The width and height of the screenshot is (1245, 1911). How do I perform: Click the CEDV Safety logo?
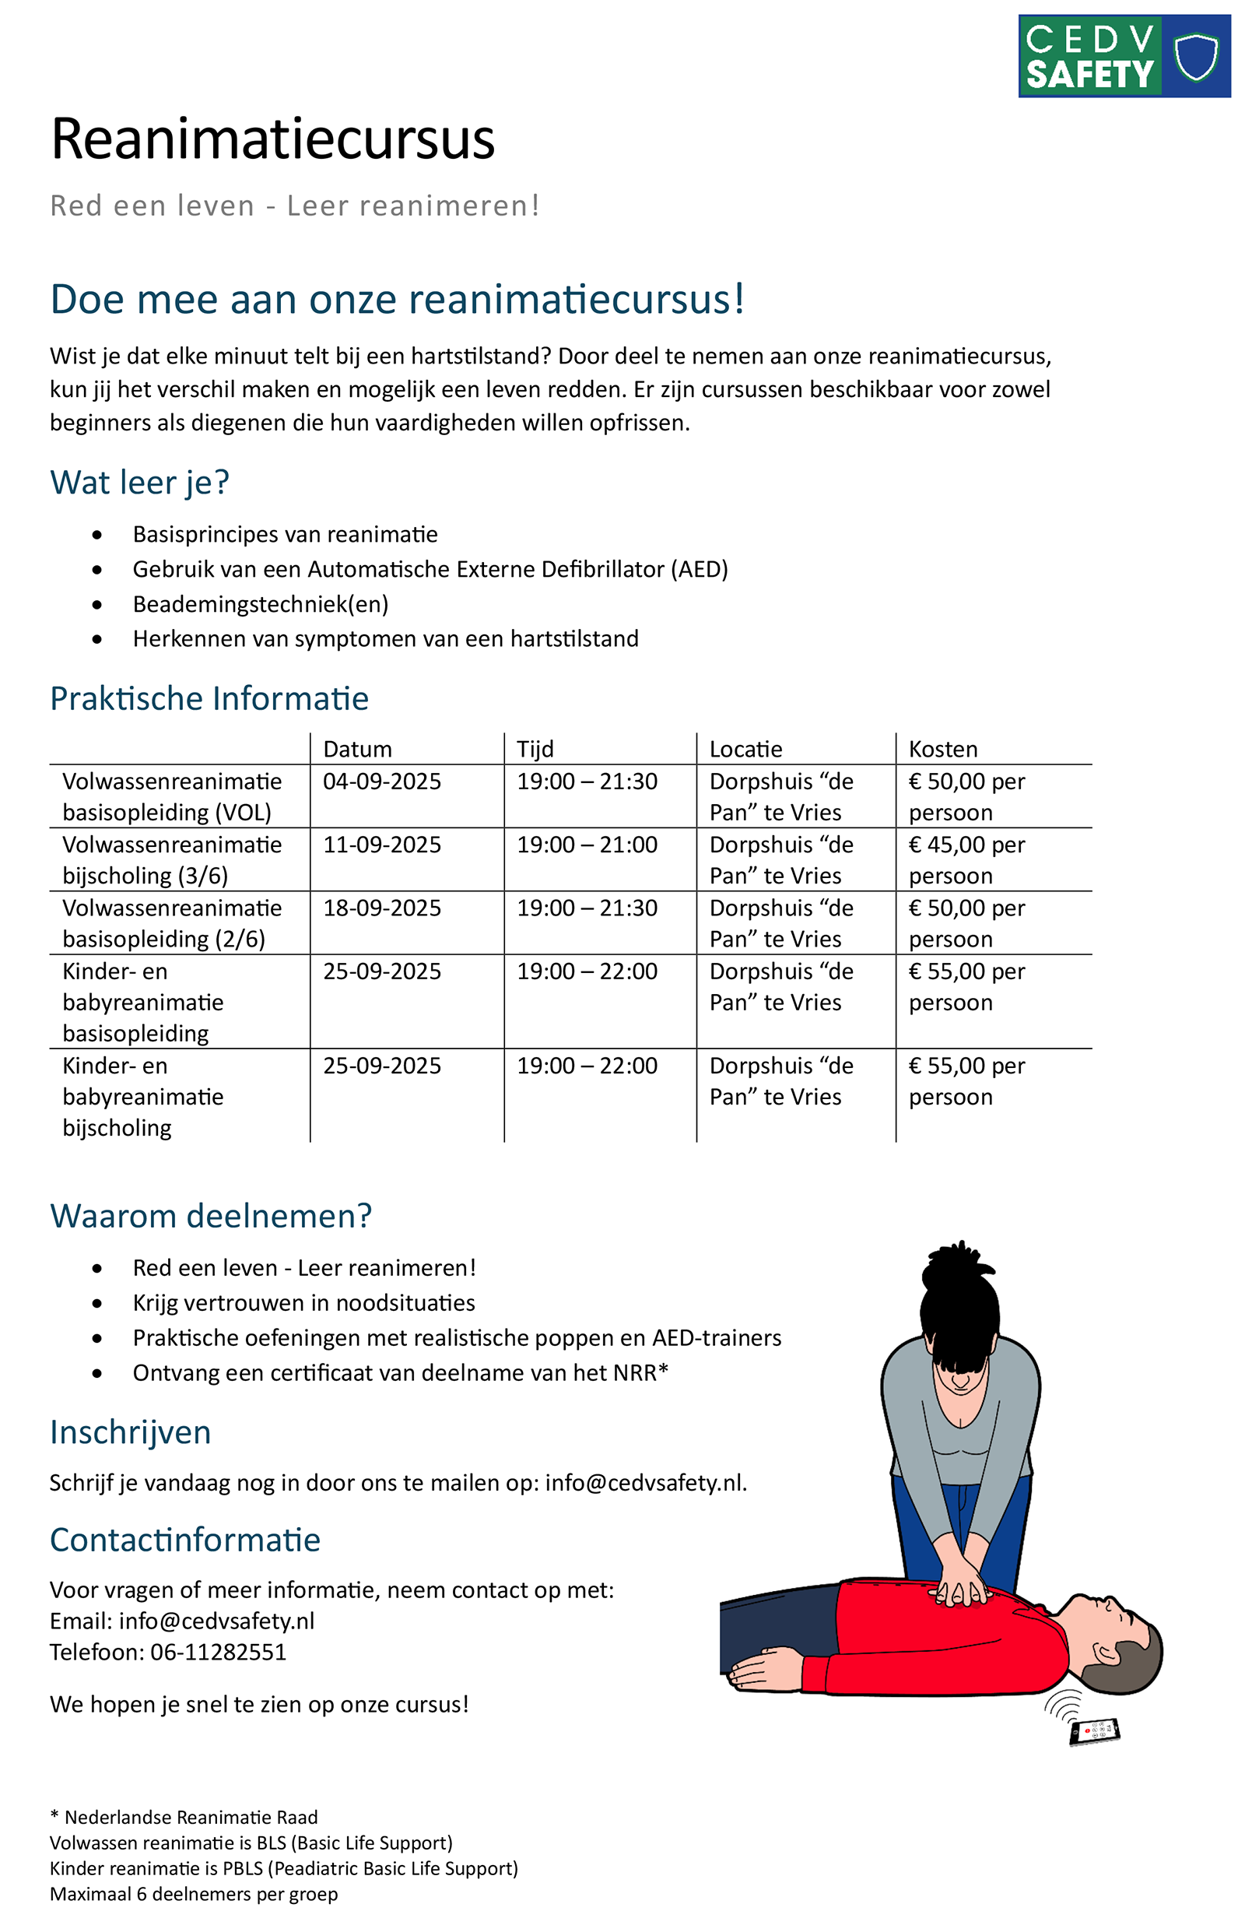[1123, 56]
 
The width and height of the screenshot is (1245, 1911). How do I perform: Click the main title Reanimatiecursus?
[272, 139]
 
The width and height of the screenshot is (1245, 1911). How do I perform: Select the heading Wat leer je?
[139, 483]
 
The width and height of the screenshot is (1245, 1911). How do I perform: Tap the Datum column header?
[357, 749]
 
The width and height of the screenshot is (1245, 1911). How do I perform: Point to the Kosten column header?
[942, 749]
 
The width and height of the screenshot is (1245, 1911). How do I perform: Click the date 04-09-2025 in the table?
[382, 782]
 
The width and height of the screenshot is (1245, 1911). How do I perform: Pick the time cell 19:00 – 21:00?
[587, 845]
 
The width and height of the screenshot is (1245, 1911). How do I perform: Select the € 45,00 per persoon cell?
[966, 860]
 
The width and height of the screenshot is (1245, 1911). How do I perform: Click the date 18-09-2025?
[382, 908]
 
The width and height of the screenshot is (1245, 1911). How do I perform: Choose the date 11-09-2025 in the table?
[382, 845]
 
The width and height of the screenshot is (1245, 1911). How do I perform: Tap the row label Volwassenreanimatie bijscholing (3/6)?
[172, 860]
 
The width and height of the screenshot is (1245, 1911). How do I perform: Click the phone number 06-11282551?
[219, 1652]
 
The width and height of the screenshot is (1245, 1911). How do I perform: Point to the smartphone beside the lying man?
[1095, 1732]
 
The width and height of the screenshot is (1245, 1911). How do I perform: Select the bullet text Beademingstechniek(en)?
[260, 604]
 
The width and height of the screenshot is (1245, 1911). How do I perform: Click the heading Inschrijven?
[130, 1432]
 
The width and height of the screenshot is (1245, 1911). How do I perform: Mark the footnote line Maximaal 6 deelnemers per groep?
[194, 1894]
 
